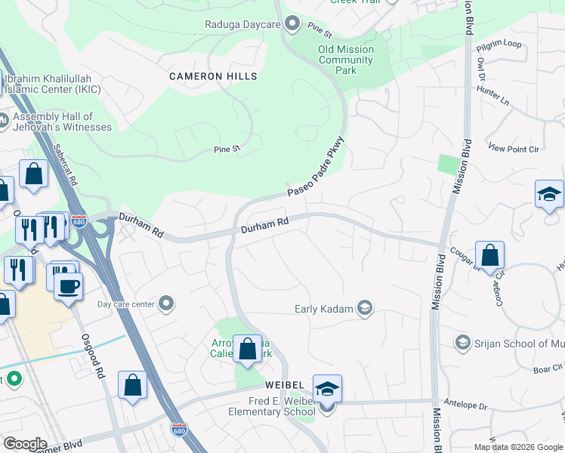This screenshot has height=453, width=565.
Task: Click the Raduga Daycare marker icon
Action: point(292,24)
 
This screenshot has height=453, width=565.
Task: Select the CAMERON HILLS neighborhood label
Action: point(213,76)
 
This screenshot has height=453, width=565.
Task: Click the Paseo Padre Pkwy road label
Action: point(316,167)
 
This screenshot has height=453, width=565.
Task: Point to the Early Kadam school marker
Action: point(365,308)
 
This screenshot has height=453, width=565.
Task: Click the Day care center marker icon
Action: point(168,304)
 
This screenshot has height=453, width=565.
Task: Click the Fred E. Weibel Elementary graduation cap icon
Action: point(327,390)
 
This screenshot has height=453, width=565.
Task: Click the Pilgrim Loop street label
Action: point(499,45)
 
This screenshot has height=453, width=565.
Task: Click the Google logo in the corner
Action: point(25,444)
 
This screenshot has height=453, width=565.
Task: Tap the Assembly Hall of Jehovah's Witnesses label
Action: point(62,122)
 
